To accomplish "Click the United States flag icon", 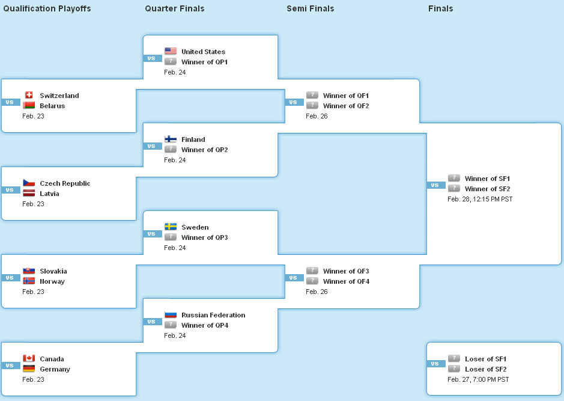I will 170,52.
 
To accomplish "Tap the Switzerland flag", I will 29,96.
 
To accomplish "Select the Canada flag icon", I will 29,359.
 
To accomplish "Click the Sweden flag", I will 170,227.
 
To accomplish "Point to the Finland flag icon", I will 170,139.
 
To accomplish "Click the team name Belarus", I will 52,106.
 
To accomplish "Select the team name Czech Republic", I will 65,183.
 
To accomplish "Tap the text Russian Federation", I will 213,315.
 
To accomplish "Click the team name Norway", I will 52,281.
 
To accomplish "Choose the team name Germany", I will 55,369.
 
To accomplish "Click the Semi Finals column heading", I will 310,8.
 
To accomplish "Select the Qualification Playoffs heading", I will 47,8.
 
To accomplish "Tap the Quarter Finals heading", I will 174,8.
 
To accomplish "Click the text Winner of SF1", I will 487,179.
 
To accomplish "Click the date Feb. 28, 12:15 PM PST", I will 480,199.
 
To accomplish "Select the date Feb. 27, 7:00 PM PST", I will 478,379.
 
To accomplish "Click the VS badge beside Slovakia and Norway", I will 10,278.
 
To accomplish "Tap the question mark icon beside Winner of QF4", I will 312,281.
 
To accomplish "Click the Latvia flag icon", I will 29,194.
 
